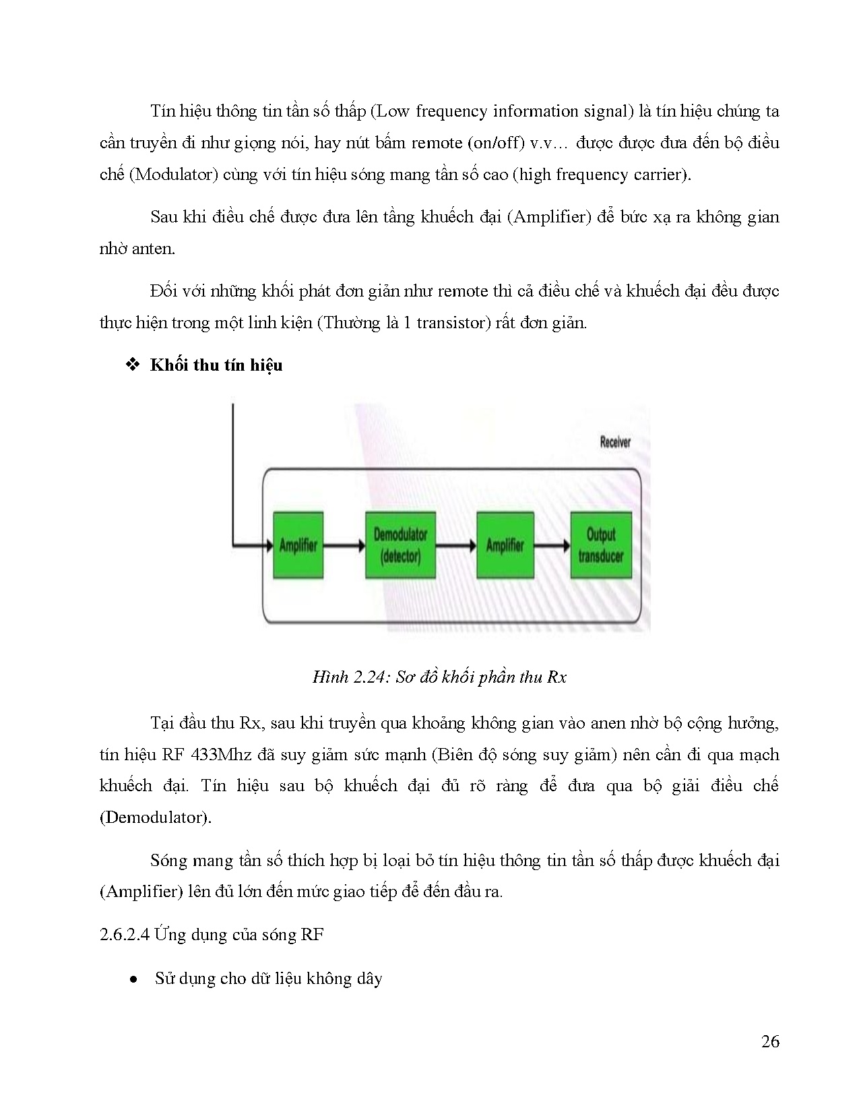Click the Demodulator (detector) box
(x=400, y=545)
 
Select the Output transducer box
(x=601, y=545)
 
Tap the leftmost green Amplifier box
(x=298, y=545)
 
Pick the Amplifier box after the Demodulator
(x=505, y=545)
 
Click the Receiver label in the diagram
(x=614, y=443)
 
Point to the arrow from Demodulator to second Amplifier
(x=455, y=545)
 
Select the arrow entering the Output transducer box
(x=552, y=545)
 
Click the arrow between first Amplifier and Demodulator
(x=344, y=545)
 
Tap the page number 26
(x=770, y=1042)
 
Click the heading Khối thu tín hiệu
(x=216, y=365)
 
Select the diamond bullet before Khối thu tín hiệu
(x=133, y=365)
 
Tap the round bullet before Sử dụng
(x=133, y=979)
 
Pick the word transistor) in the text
(x=452, y=323)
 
